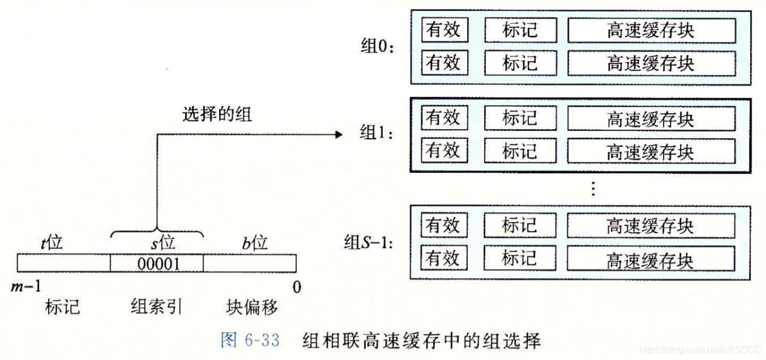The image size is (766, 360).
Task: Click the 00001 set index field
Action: pos(156,264)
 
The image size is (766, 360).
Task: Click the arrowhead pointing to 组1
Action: pos(339,135)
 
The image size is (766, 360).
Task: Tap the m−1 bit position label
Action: pos(26,287)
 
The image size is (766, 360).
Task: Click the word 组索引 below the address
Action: pos(156,307)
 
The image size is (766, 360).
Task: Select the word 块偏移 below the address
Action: pos(251,307)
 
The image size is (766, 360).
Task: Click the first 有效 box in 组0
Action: pos(444,30)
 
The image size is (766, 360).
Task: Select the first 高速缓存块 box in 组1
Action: pos(651,119)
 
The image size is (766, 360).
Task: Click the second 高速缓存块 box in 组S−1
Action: pos(651,259)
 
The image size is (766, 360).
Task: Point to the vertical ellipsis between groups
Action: pos(593,188)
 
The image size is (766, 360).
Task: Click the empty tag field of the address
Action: pos(63,264)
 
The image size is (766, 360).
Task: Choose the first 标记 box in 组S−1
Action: pos(519,226)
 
